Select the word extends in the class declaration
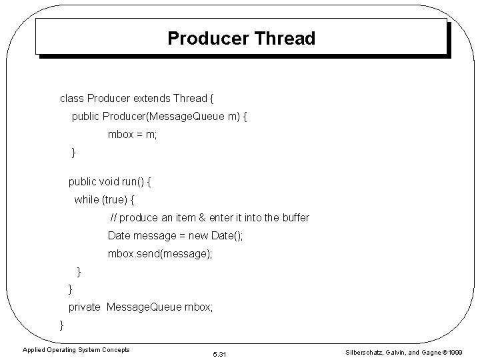point(151,99)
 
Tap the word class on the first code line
point(72,99)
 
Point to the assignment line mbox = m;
point(132,135)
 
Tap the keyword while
point(85,199)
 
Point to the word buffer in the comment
point(295,218)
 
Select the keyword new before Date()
point(197,236)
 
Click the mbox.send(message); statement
point(160,254)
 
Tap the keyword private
point(85,307)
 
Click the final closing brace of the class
point(62,325)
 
